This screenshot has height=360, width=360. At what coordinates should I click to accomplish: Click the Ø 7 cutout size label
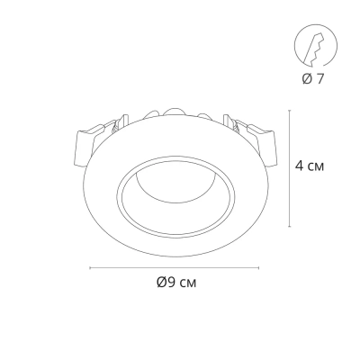313,78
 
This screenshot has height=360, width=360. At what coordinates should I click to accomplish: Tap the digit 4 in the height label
300,166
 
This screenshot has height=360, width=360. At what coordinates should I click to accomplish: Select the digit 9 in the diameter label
171,282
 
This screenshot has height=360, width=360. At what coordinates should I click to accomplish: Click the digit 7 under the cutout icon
320,78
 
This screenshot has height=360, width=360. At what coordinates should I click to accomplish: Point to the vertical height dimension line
290,168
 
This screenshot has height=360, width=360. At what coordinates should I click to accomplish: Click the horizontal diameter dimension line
175,268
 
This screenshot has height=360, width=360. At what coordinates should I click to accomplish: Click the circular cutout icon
315,46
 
